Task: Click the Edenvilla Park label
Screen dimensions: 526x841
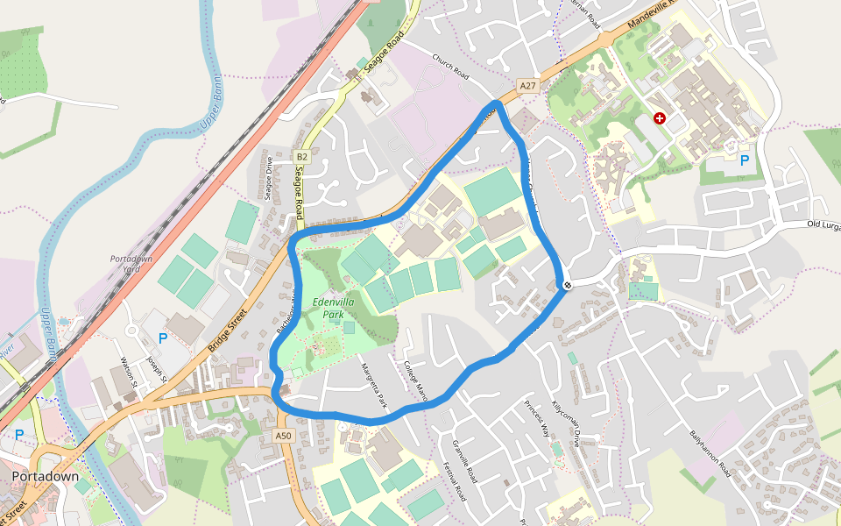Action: (333, 308)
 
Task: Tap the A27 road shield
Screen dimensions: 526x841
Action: (527, 86)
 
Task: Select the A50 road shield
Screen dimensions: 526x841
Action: (282, 436)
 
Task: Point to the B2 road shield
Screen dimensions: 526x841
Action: (301, 157)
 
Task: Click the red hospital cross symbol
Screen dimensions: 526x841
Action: (659, 118)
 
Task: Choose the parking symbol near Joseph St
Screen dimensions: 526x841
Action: (162, 338)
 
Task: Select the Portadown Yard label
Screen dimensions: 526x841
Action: (131, 264)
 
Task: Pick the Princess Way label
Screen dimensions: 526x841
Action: (536, 418)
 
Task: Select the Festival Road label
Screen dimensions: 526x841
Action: (458, 480)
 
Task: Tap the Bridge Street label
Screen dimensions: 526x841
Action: (225, 331)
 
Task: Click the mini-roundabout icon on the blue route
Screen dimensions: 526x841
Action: (569, 284)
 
